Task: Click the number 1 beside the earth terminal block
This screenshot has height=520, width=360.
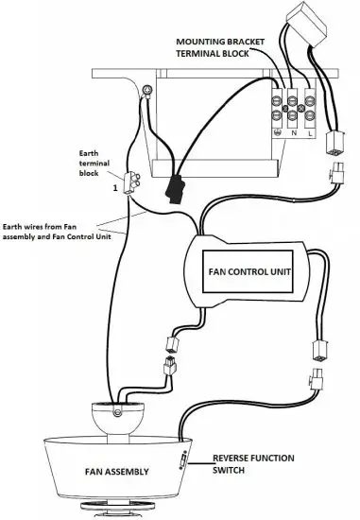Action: (115, 187)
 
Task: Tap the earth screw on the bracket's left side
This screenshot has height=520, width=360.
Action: (149, 92)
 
